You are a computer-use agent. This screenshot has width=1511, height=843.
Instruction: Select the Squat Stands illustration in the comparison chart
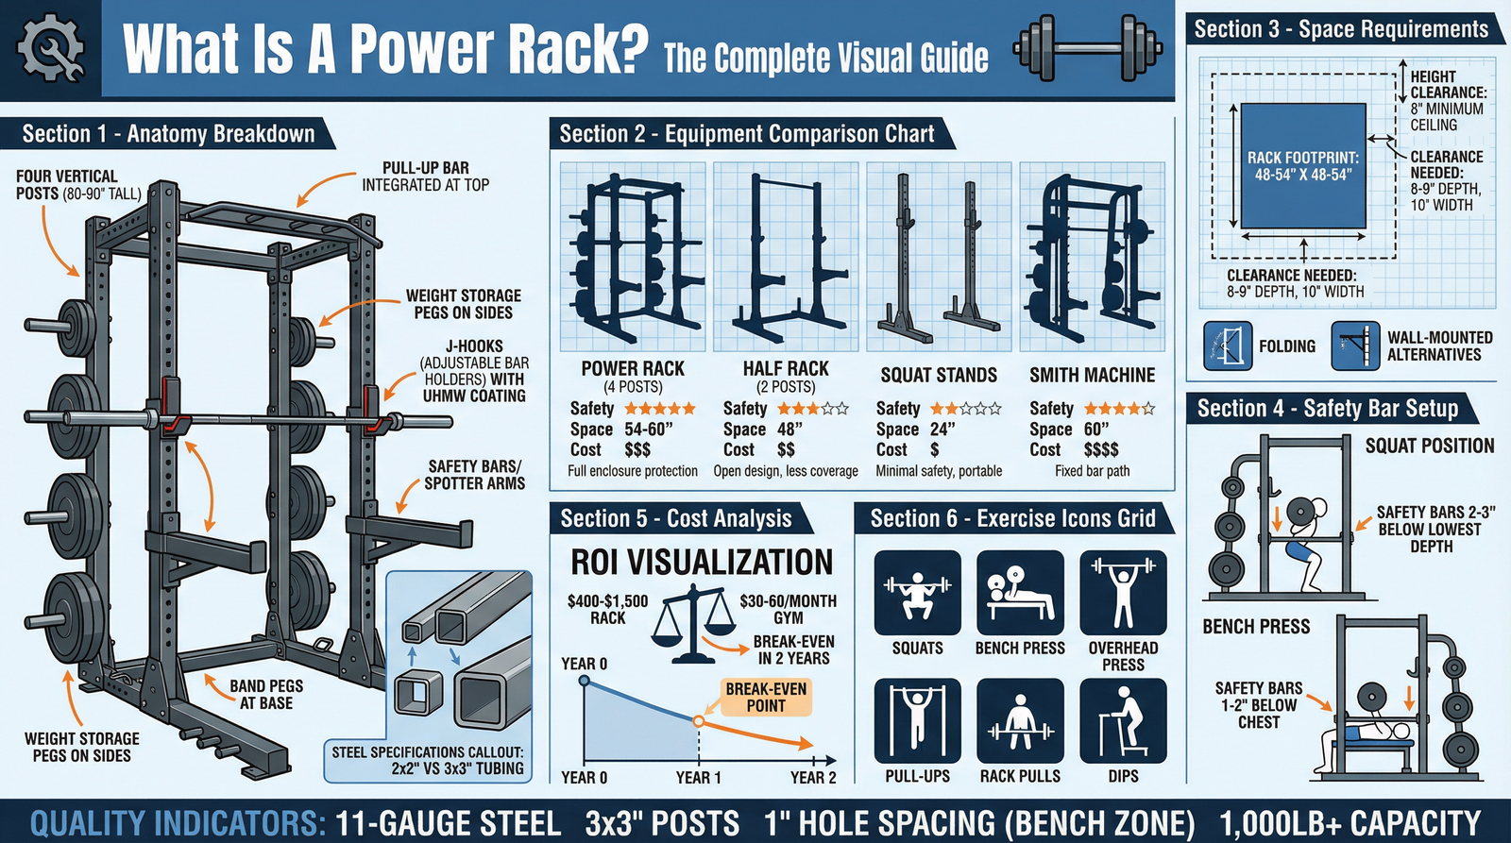pos(939,256)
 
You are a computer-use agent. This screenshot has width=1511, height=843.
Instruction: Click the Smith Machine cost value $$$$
pos(1101,450)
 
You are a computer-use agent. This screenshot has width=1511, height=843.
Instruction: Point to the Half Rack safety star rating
pos(812,409)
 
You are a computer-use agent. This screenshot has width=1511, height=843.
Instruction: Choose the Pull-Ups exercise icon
pos(917,720)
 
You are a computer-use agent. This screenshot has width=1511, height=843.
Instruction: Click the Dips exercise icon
pos(1123,720)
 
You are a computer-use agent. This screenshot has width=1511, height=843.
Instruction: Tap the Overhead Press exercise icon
pos(1123,593)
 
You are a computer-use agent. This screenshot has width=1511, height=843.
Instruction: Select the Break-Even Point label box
pos(766,697)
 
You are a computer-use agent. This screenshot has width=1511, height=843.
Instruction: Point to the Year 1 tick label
pos(698,777)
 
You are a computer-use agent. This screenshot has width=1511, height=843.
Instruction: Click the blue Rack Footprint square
pos(1303,165)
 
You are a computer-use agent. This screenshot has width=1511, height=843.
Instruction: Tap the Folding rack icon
pos(1228,346)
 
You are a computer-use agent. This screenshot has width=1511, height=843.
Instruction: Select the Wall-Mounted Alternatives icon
pos(1354,346)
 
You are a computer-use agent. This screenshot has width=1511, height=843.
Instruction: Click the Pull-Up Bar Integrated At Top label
pos(425,177)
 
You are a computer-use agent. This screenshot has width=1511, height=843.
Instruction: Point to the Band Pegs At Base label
pos(265,694)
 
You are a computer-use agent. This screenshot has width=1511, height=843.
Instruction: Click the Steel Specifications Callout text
pos(428,760)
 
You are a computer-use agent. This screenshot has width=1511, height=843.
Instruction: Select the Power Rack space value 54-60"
pos(649,430)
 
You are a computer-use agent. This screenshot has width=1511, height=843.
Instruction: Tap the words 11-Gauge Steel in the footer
pos(448,823)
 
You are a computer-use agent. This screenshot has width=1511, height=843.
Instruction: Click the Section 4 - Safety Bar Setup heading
pos(1328,409)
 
